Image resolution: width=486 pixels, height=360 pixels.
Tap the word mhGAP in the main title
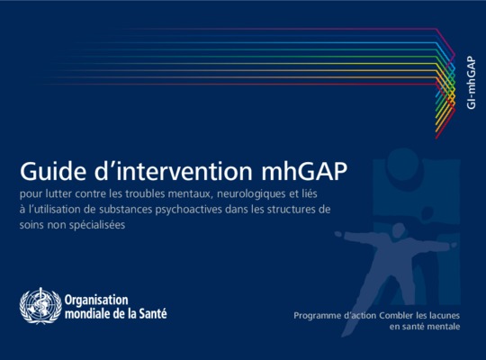304,171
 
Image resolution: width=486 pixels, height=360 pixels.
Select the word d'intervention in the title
174,170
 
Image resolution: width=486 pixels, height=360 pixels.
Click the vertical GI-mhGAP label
471,83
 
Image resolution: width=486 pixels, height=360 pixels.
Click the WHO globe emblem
40,306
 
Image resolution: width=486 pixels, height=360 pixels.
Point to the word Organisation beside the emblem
96,301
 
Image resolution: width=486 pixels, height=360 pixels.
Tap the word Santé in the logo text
152,313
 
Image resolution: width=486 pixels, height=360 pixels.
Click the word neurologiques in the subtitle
251,194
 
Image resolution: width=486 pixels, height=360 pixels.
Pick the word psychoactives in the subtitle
188,210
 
